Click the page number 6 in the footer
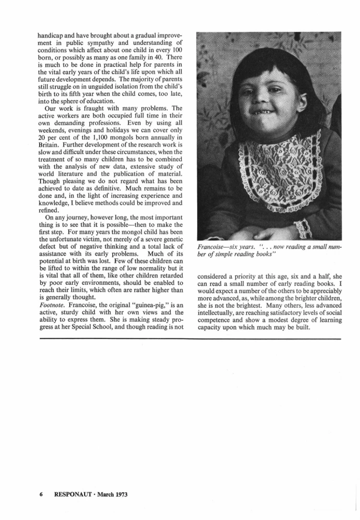[40, 494]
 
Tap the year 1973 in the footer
[119, 494]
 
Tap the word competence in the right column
[218, 319]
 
